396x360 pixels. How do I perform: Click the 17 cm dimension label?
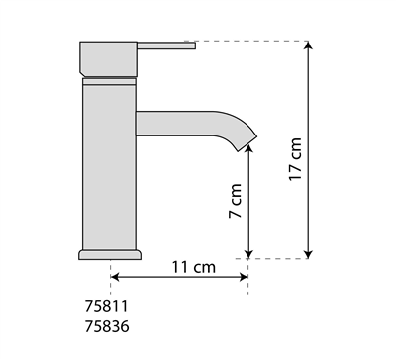point(295,159)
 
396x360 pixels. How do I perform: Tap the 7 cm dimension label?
point(236,201)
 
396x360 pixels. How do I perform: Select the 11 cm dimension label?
point(194,267)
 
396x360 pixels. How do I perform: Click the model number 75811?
point(106,306)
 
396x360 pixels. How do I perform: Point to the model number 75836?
point(107,327)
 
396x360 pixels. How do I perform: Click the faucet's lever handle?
point(166,45)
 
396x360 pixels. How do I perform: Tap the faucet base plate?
point(110,255)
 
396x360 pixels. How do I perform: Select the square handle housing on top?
point(108,59)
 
